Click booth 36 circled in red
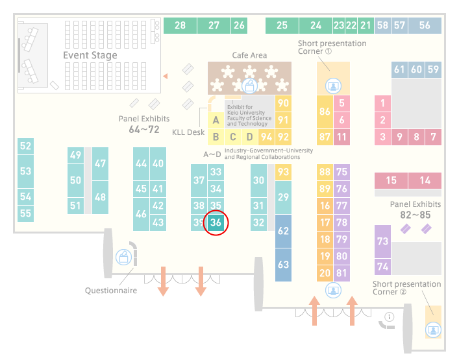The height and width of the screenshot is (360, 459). [216, 222]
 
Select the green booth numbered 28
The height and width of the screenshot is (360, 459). [180, 25]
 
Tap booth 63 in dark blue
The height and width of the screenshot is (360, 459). [283, 265]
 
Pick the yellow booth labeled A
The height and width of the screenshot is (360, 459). [216, 120]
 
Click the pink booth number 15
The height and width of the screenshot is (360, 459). [391, 180]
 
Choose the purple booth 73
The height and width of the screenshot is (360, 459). [382, 241]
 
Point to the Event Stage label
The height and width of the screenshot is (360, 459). [90, 55]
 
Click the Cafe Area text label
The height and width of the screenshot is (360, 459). [249, 55]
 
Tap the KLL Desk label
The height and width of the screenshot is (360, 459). [188, 132]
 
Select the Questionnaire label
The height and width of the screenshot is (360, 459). [111, 291]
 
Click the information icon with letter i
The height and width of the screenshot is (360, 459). [390, 317]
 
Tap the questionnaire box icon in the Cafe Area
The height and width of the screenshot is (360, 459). [249, 86]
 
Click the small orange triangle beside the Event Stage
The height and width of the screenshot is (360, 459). [166, 77]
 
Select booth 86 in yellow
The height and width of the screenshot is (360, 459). [325, 112]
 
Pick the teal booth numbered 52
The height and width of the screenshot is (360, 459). [25, 146]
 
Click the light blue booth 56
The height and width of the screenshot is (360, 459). [425, 25]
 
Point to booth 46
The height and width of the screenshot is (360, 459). [141, 214]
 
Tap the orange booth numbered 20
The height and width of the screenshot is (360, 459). [325, 273]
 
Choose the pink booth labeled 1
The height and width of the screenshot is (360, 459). [382, 103]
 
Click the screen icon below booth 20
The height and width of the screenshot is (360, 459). [333, 291]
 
